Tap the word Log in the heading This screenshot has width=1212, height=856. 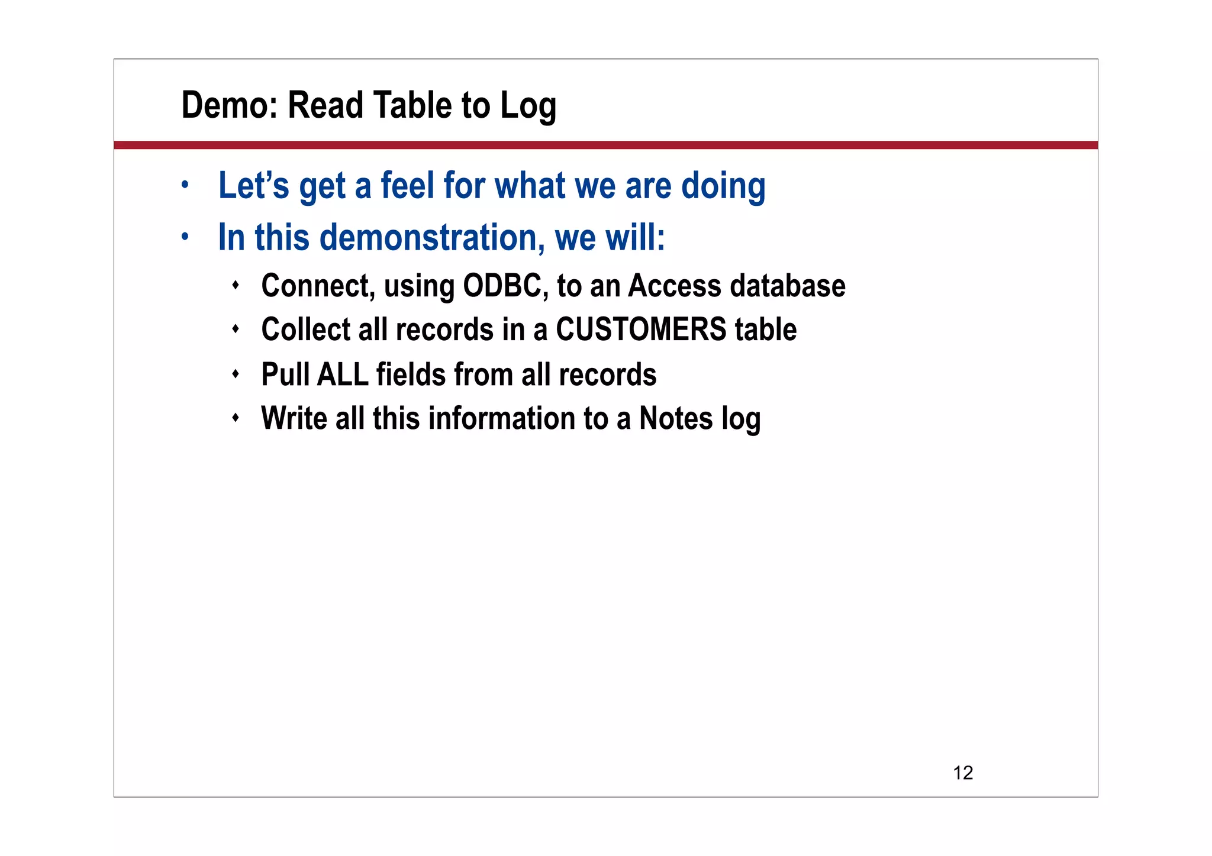(x=528, y=106)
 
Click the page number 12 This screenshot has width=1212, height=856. (x=963, y=773)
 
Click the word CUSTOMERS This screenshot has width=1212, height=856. (x=640, y=330)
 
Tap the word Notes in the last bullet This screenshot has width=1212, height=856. (x=675, y=418)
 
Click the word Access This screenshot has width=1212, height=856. (x=674, y=286)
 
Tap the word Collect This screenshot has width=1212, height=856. (x=306, y=330)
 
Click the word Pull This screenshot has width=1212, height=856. (x=285, y=374)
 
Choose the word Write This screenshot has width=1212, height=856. (x=294, y=418)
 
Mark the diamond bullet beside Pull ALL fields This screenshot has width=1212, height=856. (x=236, y=374)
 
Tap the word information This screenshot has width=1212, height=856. (x=501, y=418)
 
